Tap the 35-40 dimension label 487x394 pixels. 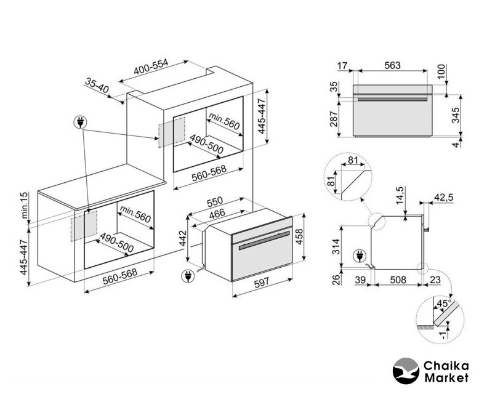tap(97, 86)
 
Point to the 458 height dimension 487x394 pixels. tap(299, 237)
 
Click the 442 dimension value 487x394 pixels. tap(183, 238)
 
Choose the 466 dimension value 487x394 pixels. tap(217, 214)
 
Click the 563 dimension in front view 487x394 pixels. tap(393, 65)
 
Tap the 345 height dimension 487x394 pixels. tap(455, 115)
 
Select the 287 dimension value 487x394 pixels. tap(334, 119)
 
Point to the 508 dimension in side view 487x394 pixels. tap(398, 279)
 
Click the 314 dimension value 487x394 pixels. tap(336, 247)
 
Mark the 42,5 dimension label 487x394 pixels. tap(444, 198)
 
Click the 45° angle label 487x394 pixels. tap(444, 303)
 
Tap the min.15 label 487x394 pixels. tap(24, 206)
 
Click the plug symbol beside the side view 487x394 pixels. tap(360, 257)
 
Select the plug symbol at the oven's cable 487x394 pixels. tap(188, 276)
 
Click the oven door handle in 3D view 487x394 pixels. tap(265, 240)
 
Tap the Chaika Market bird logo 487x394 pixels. tap(406, 371)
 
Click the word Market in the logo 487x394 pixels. tap(446, 378)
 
